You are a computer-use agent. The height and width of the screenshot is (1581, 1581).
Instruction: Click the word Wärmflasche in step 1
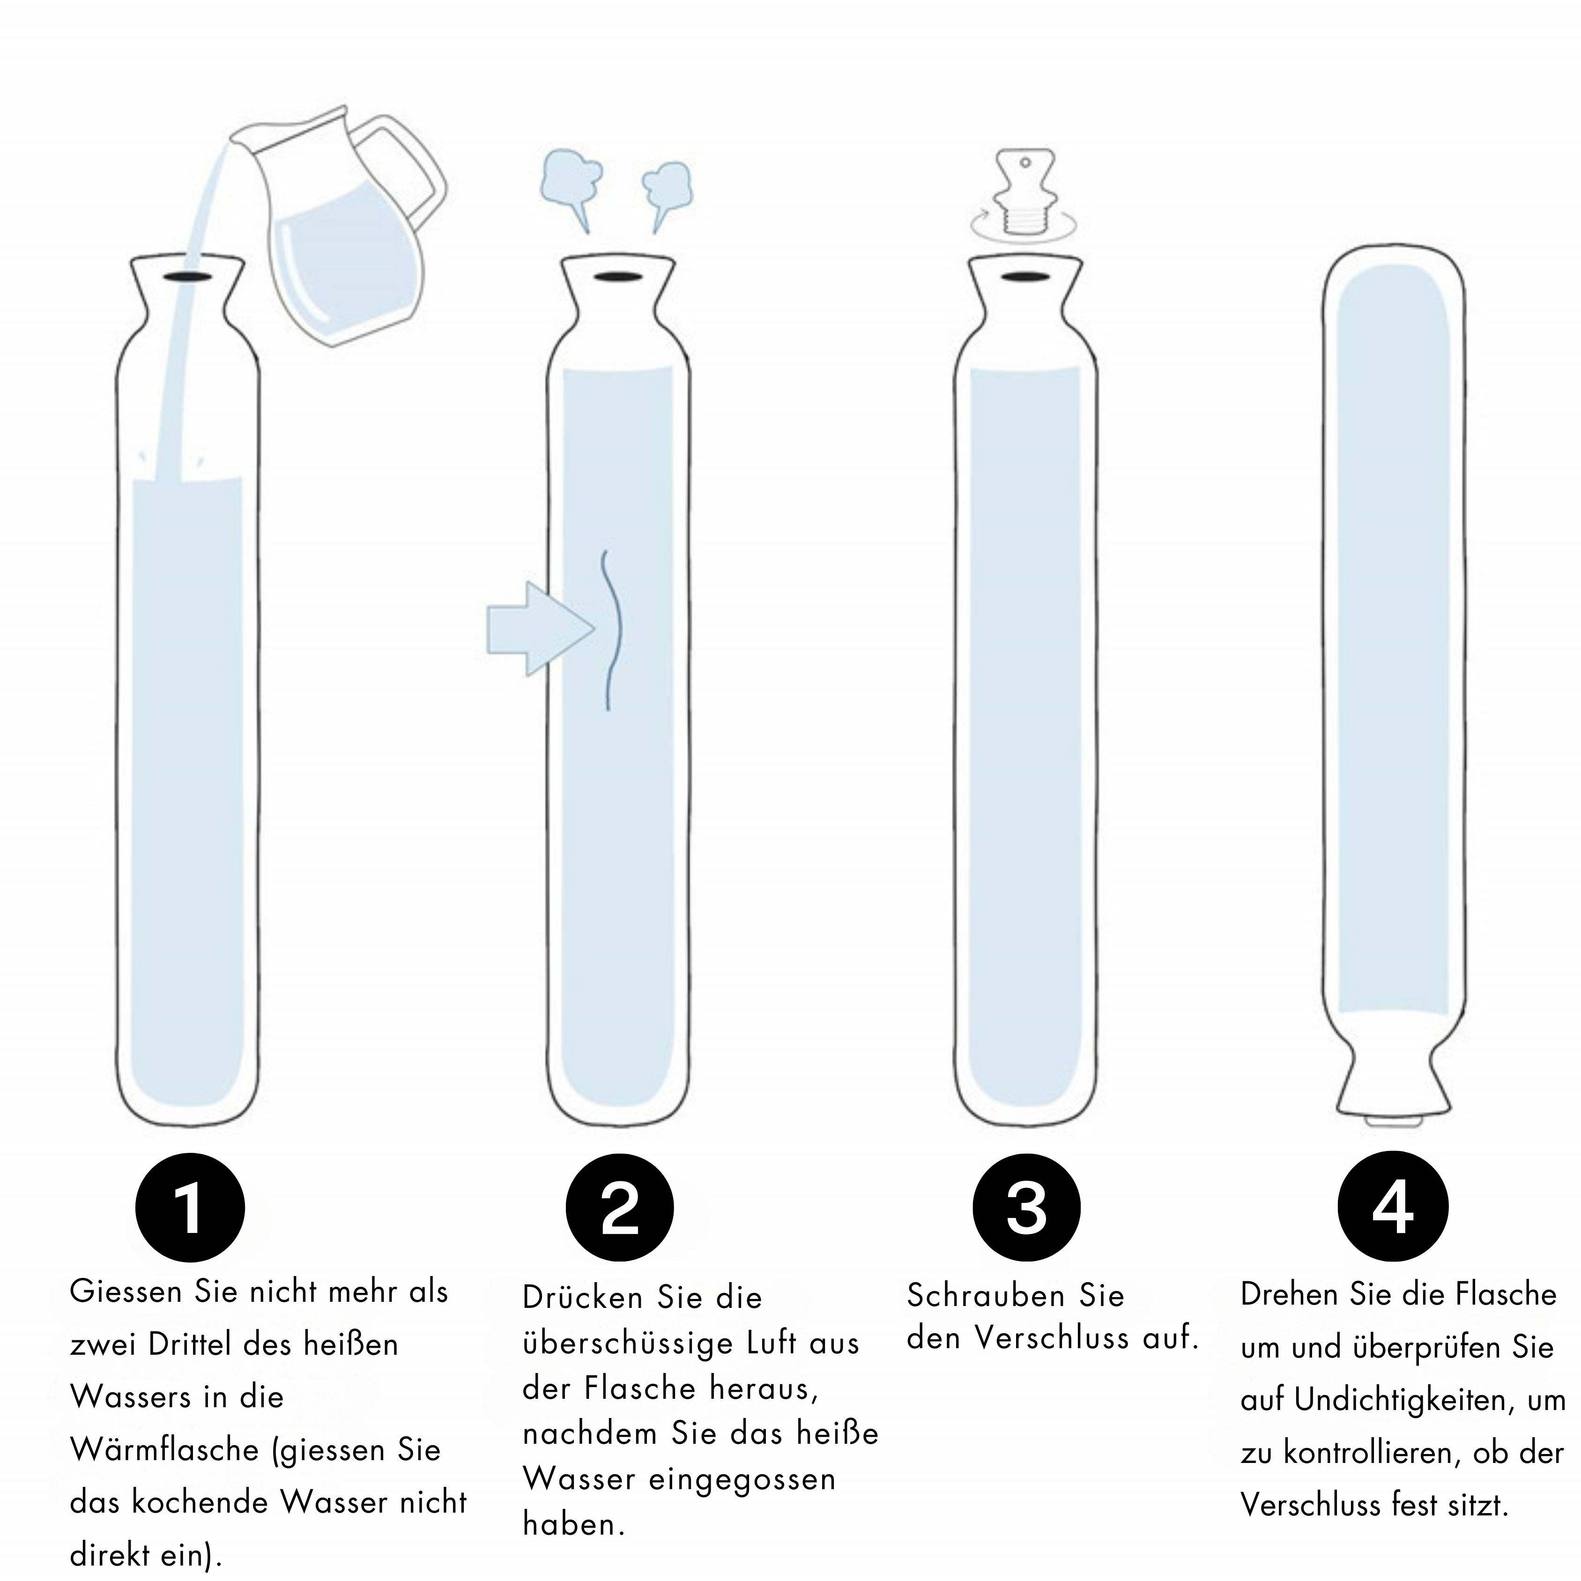point(163,1449)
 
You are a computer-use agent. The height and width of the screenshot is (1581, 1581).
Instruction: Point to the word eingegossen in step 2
point(742,1479)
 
